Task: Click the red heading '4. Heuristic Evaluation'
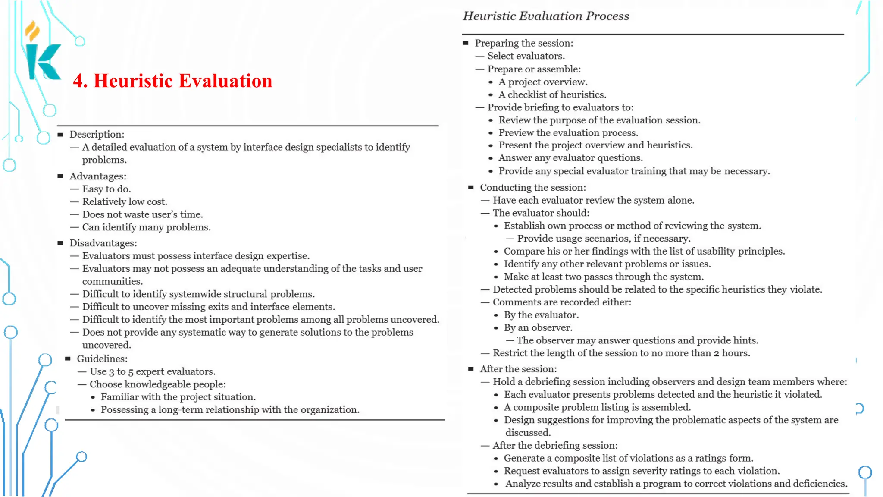(172, 81)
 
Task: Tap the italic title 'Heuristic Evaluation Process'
(546, 16)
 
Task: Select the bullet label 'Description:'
(97, 134)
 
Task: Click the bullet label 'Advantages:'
(98, 176)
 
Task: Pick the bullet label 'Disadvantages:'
(103, 243)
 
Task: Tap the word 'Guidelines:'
(102, 359)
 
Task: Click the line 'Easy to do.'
(106, 189)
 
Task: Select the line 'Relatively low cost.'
(125, 201)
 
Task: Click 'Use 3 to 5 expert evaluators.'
(152, 371)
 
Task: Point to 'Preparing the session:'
(524, 43)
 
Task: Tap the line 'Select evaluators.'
(526, 56)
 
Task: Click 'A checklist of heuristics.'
(552, 94)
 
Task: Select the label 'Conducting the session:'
(533, 188)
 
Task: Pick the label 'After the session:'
(518, 369)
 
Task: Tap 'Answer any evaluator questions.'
(570, 158)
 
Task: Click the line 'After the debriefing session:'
(555, 445)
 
